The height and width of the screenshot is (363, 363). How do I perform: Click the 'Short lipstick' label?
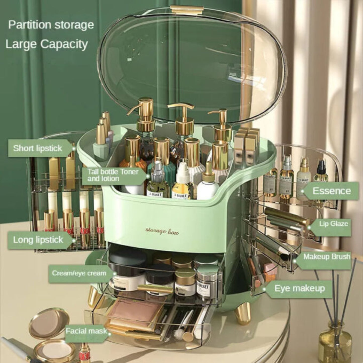38,148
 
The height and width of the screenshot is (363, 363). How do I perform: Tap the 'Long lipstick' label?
38,240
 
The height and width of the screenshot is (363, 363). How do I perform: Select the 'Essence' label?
331,191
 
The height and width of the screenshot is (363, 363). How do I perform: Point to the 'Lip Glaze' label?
333,224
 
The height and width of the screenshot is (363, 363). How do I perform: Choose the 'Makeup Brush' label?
327,257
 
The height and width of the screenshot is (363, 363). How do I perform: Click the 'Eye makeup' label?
299,288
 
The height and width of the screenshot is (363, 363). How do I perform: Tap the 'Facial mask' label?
86,331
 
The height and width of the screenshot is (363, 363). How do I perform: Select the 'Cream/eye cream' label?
79,273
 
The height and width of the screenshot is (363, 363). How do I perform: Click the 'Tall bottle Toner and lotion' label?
113,175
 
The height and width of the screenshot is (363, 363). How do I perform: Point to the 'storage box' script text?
162,231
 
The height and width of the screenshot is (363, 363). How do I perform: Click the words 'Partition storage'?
51,25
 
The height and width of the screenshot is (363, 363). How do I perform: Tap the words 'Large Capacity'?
47,44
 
